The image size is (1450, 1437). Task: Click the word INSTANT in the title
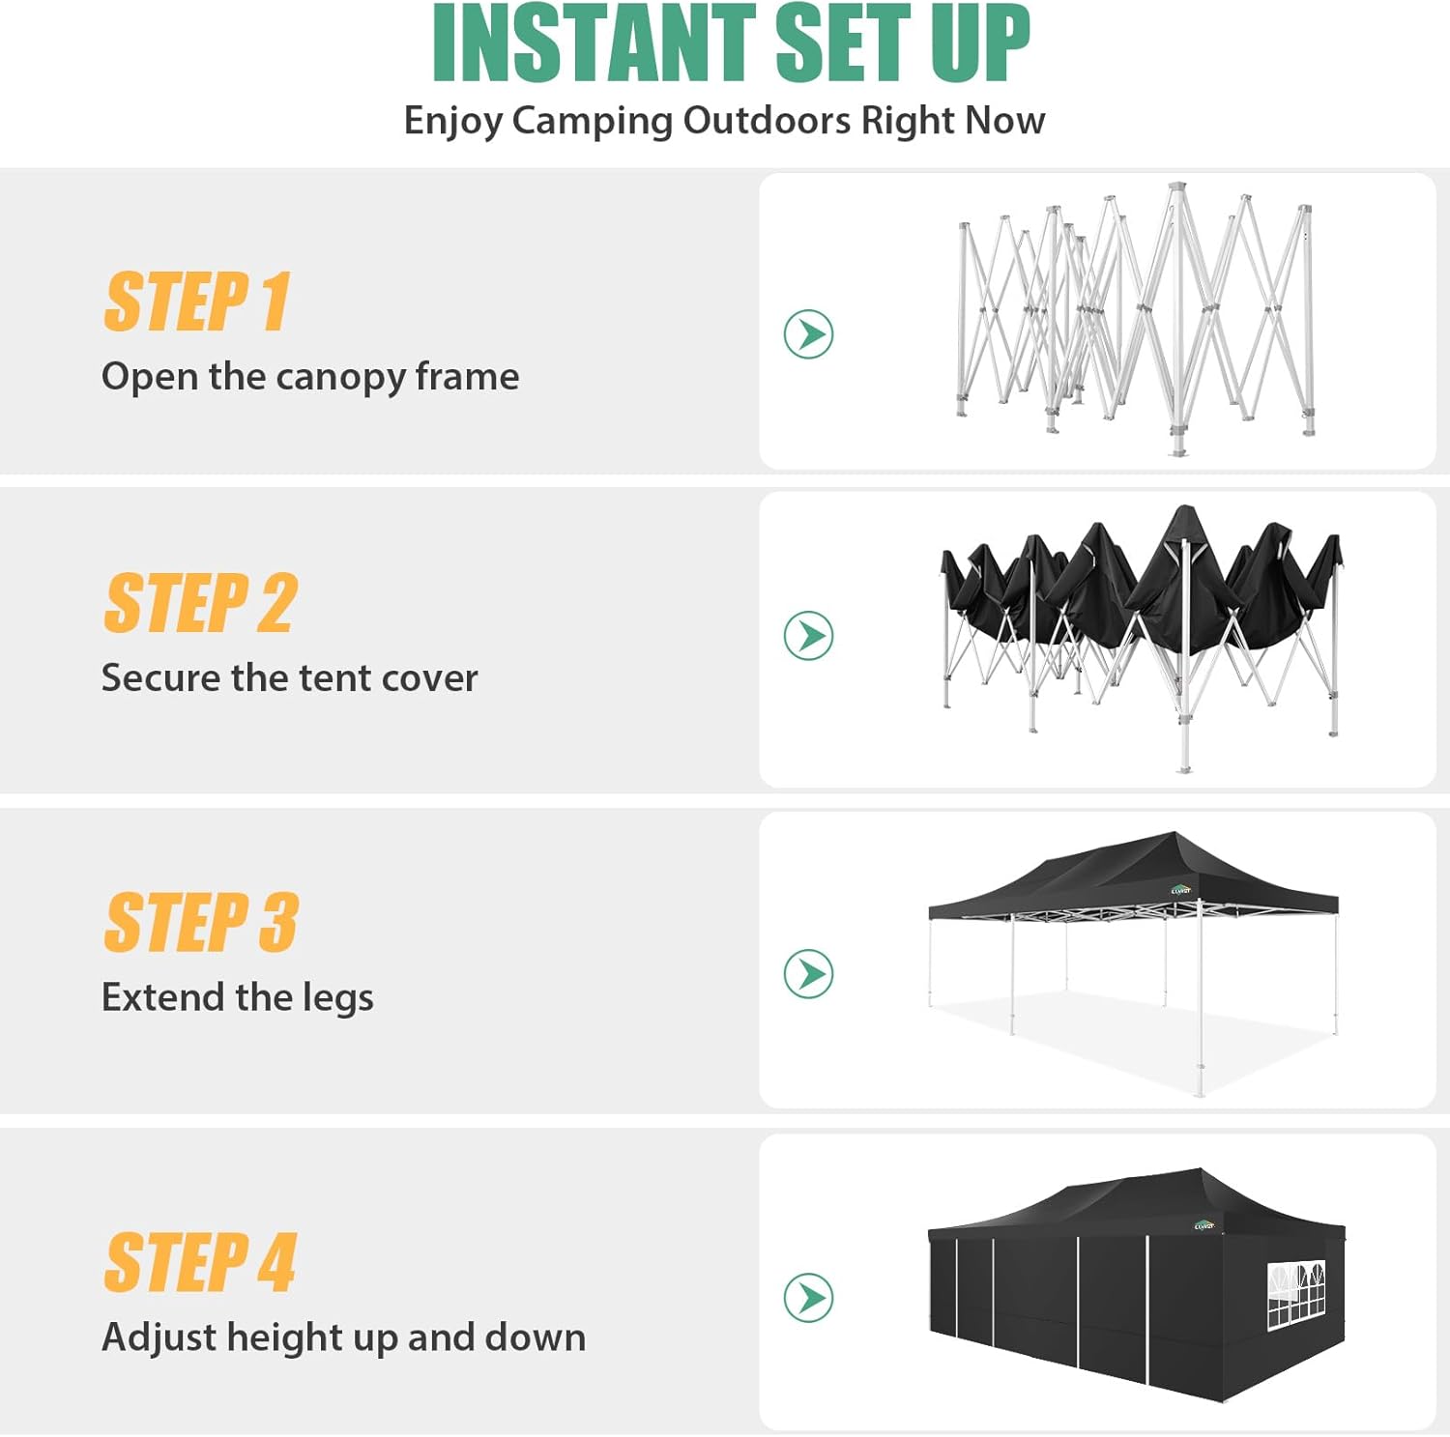click(594, 43)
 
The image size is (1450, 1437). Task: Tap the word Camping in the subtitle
click(593, 122)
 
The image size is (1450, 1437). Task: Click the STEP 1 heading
click(197, 302)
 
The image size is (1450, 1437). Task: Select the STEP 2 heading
click(200, 603)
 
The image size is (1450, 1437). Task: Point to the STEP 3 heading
click(201, 922)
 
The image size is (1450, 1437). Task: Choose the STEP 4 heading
click(200, 1262)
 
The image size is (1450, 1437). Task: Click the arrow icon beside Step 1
click(809, 334)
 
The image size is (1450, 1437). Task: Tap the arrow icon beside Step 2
click(809, 636)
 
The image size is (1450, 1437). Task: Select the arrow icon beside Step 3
click(809, 973)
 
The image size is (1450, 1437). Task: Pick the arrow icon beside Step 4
click(809, 1297)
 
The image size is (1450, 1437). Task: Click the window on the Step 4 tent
click(1295, 1293)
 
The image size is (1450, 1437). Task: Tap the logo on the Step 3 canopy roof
click(1180, 890)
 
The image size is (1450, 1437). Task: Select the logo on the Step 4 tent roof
click(1204, 1224)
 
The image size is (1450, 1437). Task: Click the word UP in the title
click(980, 43)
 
